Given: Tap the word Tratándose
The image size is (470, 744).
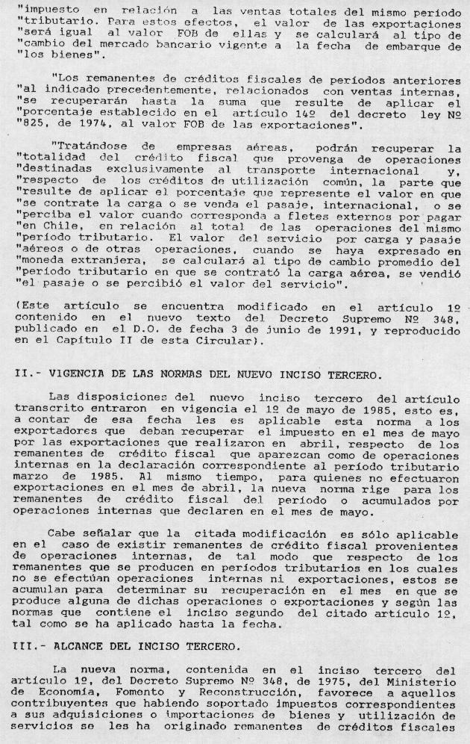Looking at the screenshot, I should point(89,149).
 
